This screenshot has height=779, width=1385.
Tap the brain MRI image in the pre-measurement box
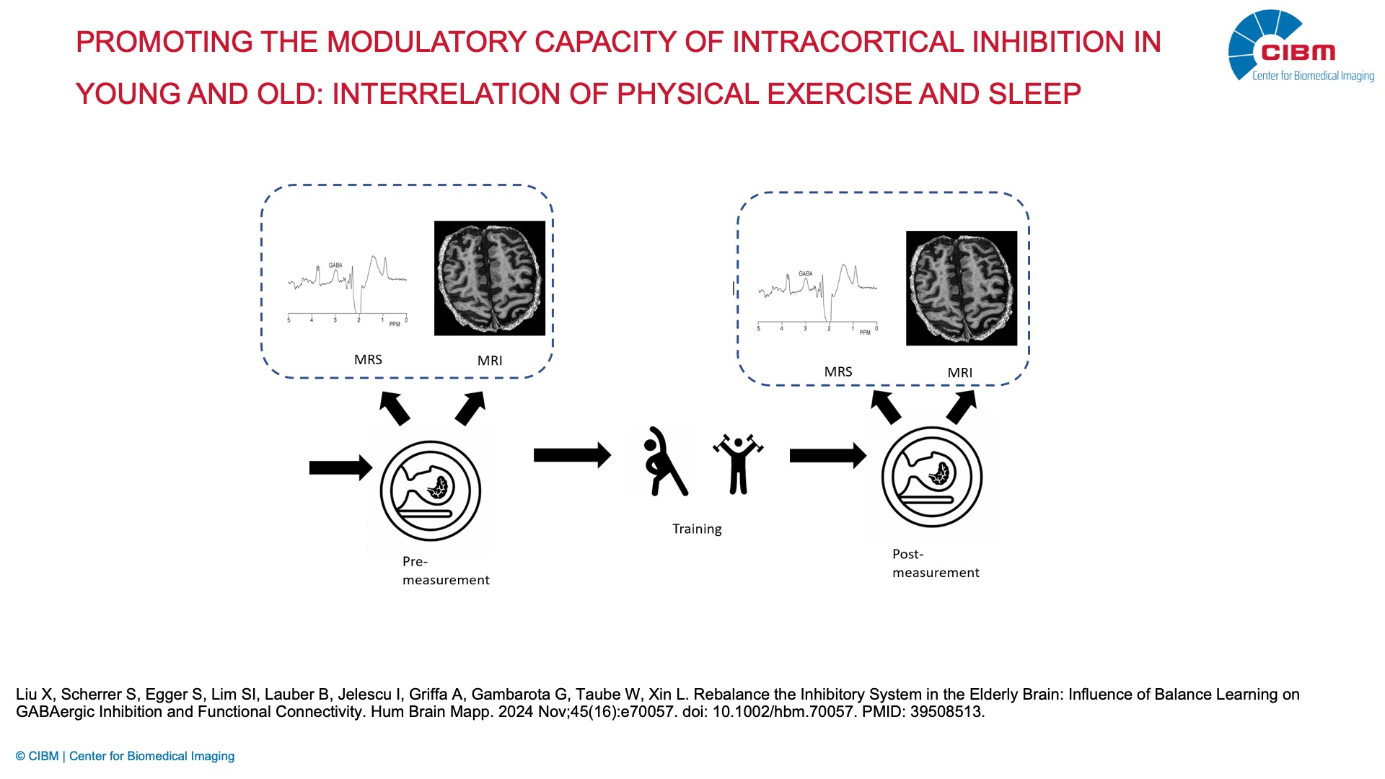tap(490, 278)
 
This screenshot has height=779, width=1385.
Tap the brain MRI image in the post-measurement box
tap(962, 288)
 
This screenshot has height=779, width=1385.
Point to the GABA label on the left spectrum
tap(335, 265)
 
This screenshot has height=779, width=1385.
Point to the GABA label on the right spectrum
tap(806, 274)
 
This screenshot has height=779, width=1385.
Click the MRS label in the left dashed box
tap(368, 359)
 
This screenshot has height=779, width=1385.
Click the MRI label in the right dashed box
tap(959, 372)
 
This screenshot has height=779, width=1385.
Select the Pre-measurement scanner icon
tap(431, 491)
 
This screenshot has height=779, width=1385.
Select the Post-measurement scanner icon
tap(932, 477)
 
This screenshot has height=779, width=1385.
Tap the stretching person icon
tap(664, 462)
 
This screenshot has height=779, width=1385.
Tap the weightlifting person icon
tap(738, 464)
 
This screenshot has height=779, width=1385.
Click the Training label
tap(697, 529)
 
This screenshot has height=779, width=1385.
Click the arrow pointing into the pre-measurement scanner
tap(340, 467)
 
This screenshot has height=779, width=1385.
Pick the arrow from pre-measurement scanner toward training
tap(573, 454)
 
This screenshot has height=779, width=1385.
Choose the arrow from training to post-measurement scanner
tap(828, 455)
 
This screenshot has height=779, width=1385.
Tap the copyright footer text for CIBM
tap(125, 756)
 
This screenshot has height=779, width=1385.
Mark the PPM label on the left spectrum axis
tap(395, 325)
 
